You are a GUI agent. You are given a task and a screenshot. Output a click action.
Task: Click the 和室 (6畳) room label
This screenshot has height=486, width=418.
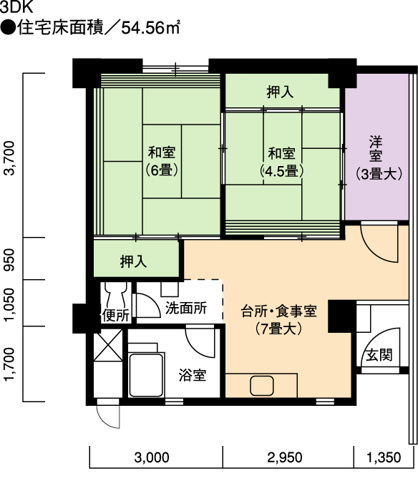click(x=162, y=162)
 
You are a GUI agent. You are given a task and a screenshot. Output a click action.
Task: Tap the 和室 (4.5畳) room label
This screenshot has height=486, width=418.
click(x=281, y=162)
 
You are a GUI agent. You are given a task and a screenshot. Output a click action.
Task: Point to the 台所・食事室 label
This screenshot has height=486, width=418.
click(x=278, y=311)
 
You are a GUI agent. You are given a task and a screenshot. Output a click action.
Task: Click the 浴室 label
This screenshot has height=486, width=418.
click(x=193, y=375)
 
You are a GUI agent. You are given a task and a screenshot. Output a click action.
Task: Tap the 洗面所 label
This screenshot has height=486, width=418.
click(x=186, y=308)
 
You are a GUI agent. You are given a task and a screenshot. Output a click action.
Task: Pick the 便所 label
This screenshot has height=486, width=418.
click(x=115, y=316)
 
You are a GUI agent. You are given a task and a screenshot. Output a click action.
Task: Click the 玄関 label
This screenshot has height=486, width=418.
click(x=379, y=355)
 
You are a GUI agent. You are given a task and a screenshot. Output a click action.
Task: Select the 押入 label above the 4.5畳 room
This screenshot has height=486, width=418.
click(x=280, y=92)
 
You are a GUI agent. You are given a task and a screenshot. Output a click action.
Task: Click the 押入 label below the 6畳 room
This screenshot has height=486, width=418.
click(x=134, y=261)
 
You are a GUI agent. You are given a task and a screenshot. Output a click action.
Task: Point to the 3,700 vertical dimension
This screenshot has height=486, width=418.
click(x=10, y=158)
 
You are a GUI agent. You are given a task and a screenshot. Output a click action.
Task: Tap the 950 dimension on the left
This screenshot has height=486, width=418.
click(x=10, y=259)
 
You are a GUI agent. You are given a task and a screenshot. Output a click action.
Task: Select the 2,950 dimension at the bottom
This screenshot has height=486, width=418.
click(x=284, y=457)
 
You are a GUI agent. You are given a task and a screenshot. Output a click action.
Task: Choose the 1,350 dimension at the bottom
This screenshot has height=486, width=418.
click(x=384, y=457)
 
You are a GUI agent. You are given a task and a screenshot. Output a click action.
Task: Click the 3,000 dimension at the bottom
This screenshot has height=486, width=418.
click(x=152, y=457)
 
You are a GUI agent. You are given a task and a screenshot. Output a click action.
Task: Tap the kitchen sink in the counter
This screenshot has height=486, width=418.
click(x=262, y=386)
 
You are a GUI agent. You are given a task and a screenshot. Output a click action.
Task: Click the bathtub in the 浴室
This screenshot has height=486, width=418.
click(x=146, y=375)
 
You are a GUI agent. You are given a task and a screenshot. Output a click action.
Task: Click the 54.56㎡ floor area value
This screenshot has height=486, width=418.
click(x=150, y=28)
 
